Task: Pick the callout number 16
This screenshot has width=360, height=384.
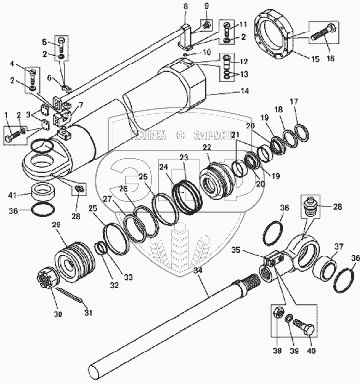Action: [330, 58]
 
